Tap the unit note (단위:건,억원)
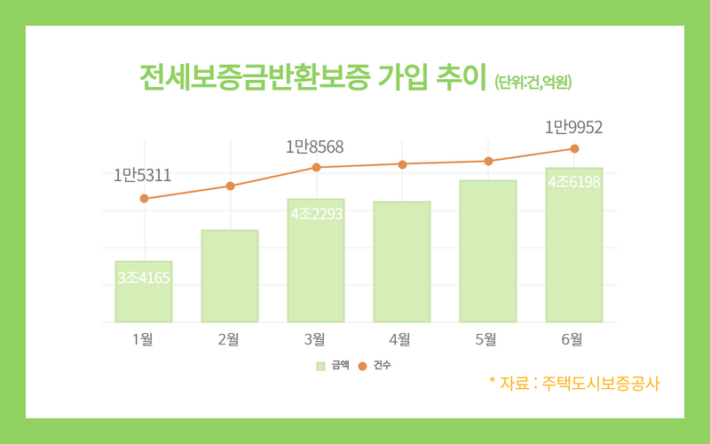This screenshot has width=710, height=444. coord(532,83)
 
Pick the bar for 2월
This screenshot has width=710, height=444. coord(229,275)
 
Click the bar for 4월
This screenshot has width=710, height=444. coord(401,261)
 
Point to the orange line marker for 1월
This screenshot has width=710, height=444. coord(143,199)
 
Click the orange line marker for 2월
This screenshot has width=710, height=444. coord(230,186)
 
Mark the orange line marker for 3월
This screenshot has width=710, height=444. coord(316,167)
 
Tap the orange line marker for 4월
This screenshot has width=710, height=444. coord(402,164)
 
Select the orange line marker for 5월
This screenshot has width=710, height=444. coord(488,161)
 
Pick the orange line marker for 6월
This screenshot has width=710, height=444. coord(574,148)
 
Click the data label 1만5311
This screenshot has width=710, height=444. coord(142,176)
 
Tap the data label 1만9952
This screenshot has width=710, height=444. coord(573,128)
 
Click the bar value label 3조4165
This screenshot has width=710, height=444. coord(143,278)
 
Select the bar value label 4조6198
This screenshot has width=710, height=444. coord(574,182)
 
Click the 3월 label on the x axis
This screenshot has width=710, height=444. coord(315,338)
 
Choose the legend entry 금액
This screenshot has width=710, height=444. coord(332,365)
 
